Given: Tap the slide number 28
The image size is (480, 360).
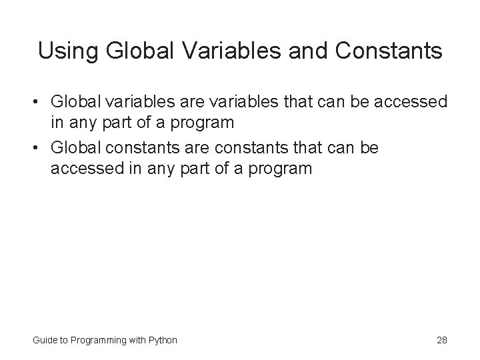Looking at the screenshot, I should tap(441, 340).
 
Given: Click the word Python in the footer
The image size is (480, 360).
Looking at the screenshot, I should tap(163, 340).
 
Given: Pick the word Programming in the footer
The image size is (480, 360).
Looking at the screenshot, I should tap(95, 340).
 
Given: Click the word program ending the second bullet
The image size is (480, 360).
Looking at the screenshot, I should tap(277, 168).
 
